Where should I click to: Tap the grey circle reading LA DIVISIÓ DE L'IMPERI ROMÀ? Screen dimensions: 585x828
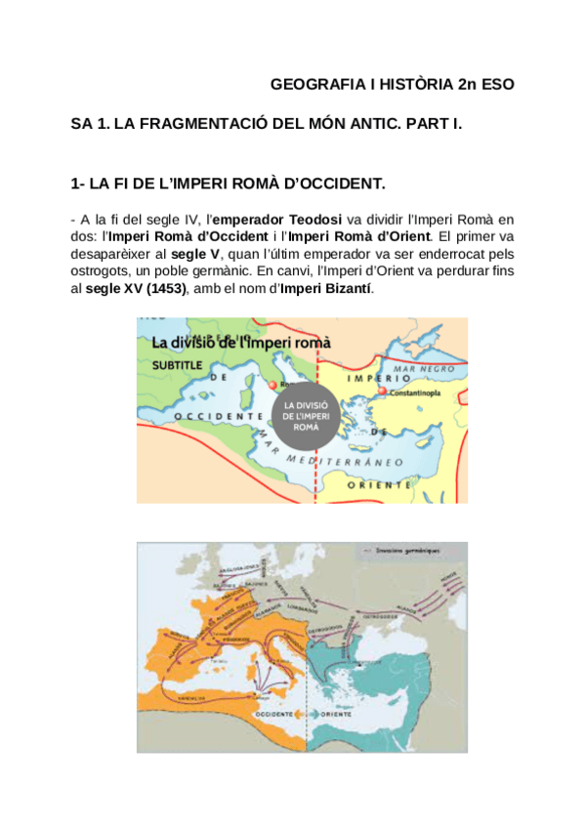click(306, 414)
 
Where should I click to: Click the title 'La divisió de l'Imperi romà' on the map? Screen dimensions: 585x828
click(241, 342)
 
